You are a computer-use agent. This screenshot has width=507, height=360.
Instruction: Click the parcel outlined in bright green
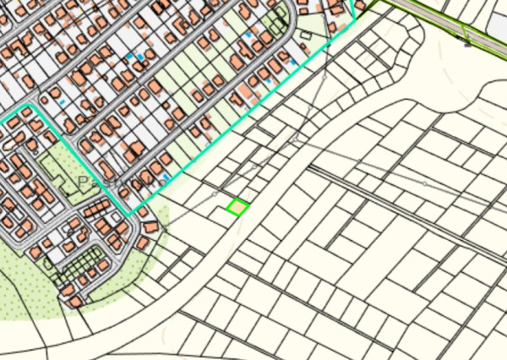click(x=237, y=207)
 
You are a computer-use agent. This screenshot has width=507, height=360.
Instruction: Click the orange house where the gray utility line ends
click(x=151, y=227)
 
